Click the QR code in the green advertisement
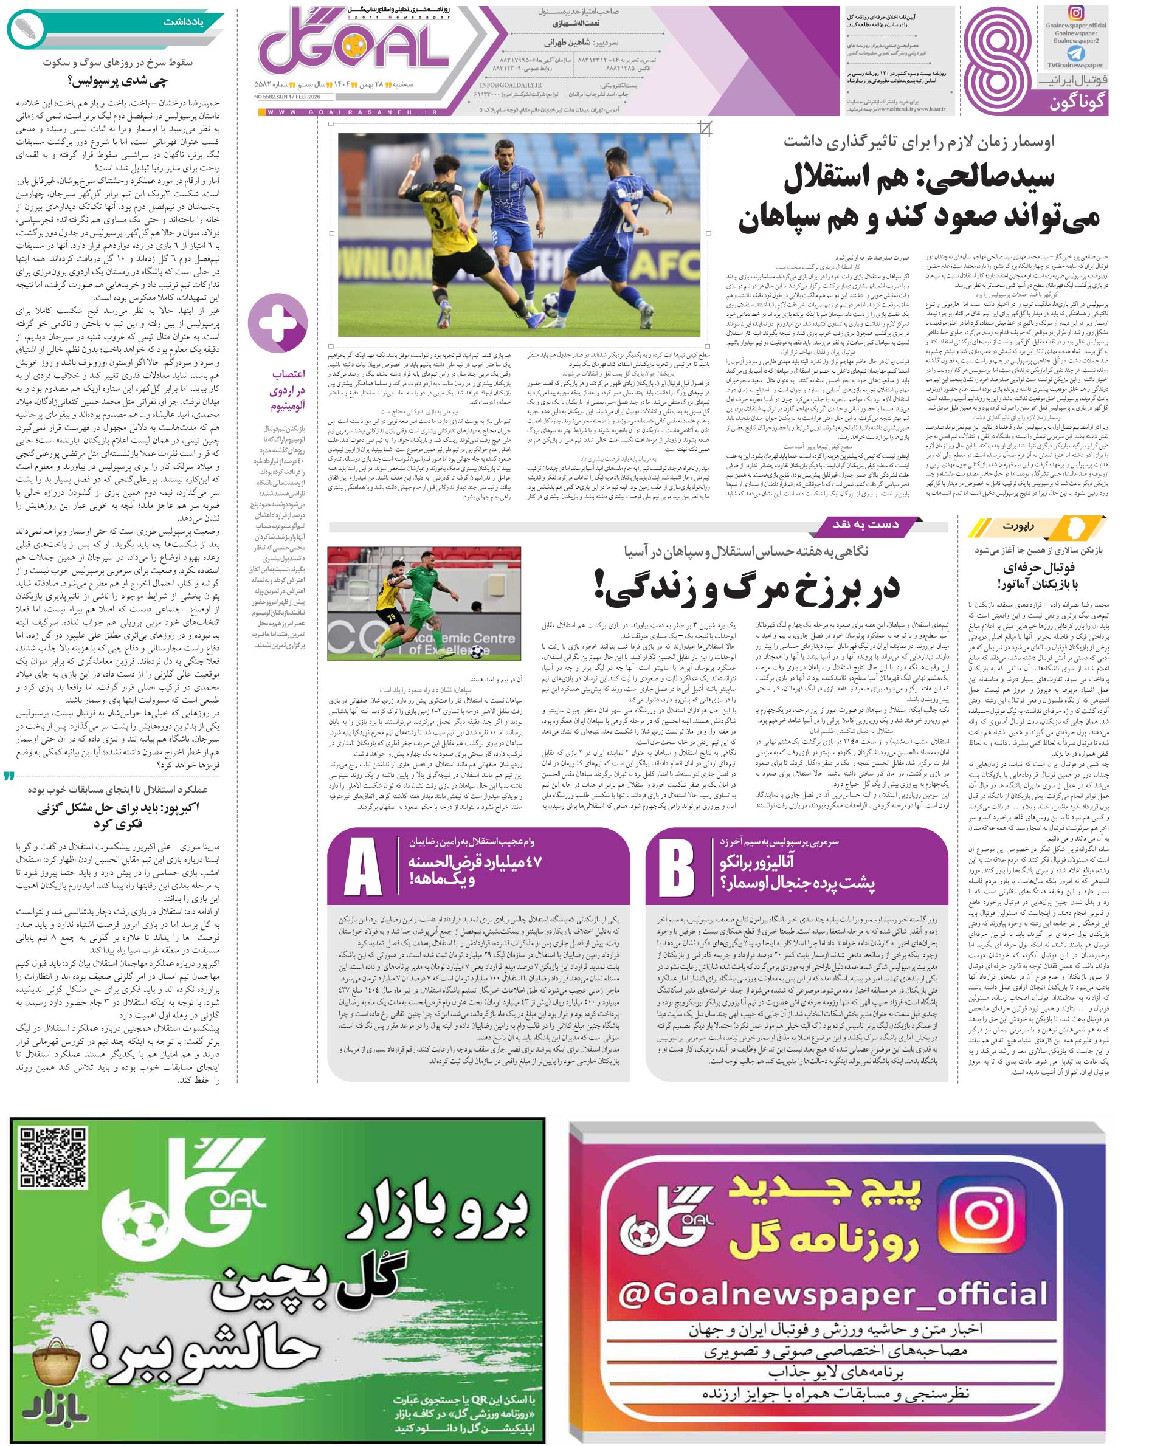click(53, 1160)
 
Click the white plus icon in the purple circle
click(277, 323)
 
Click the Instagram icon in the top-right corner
click(1075, 13)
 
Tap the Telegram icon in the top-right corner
click(1075, 53)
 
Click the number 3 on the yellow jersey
click(437, 219)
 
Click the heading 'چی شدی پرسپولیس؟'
click(117, 81)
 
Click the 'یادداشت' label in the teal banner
click(183, 21)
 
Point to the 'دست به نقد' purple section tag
click(865, 525)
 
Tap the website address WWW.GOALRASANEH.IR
click(352, 112)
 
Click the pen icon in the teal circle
click(26, 28)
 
